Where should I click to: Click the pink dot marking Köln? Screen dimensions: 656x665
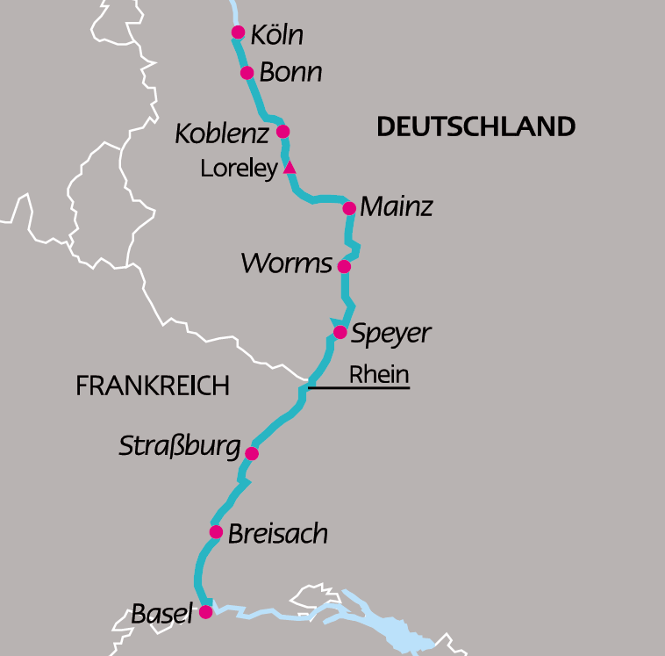(238, 32)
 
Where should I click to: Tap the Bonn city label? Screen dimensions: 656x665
(290, 72)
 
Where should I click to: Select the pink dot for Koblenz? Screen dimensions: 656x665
(282, 132)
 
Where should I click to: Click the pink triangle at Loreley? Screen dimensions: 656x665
(290, 168)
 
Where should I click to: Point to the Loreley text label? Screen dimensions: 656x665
(239, 169)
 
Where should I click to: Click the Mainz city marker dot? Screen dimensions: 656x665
(349, 208)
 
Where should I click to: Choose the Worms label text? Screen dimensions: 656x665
(286, 263)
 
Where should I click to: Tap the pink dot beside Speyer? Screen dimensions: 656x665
(340, 332)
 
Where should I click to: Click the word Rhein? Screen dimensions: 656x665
(379, 374)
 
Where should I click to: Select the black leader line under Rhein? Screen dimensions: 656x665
(360, 386)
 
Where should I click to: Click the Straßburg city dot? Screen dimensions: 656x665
(252, 454)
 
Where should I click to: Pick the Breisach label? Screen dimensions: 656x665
(277, 534)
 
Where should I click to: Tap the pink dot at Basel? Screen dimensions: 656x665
(205, 612)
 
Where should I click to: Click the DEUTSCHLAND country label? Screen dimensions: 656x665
(476, 126)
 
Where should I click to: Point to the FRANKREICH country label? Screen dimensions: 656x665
(153, 386)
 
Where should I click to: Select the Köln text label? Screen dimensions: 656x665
(276, 35)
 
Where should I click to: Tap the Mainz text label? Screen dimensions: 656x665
(397, 208)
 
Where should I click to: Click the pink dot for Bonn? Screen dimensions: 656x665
(247, 73)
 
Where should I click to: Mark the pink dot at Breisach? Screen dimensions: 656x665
(216, 531)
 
